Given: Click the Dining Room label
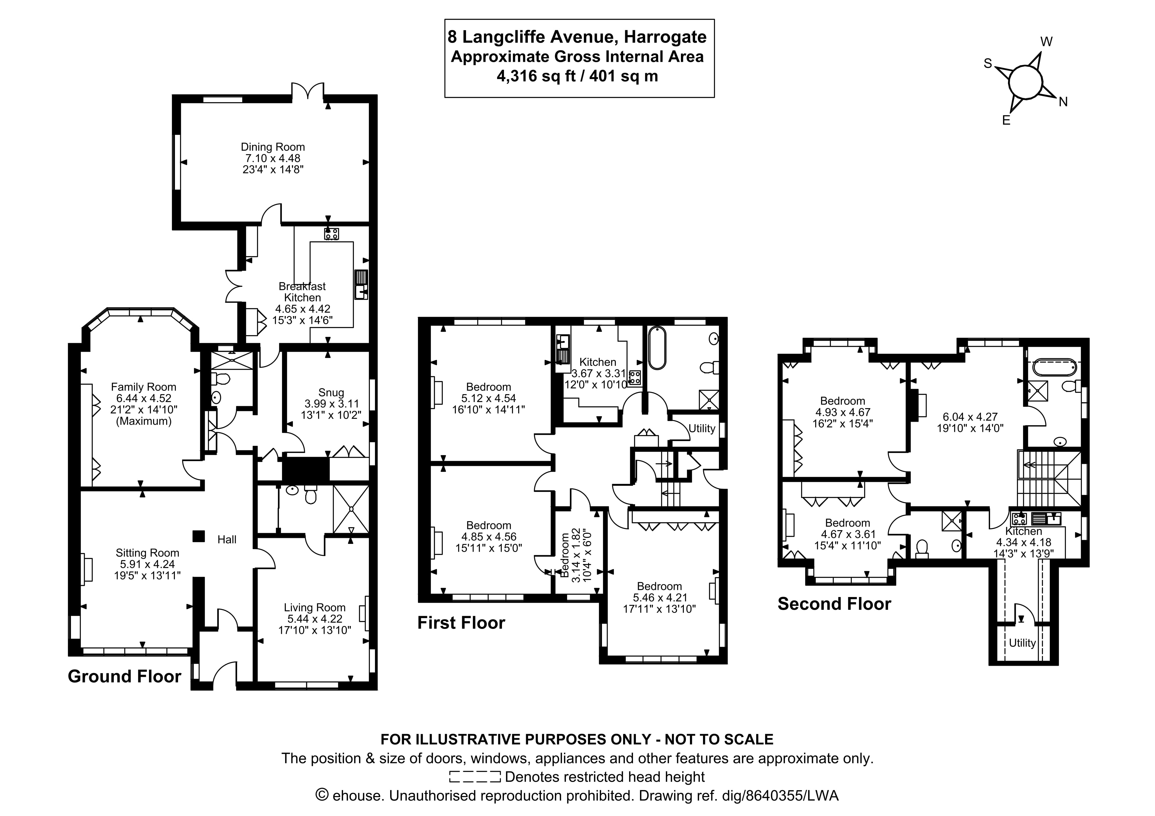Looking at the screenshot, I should [273, 147].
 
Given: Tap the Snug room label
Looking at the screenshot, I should [331, 392].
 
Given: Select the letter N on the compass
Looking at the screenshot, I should [1063, 102].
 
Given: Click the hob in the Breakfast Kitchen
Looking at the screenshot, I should [331, 234].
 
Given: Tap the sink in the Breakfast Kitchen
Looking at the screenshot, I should [361, 285].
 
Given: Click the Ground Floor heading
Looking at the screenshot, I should [124, 677].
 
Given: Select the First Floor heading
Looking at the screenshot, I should [461, 623].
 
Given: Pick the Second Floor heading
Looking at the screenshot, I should [834, 604].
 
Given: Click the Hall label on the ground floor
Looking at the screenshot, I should [227, 540].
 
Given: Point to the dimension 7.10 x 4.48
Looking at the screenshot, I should [273, 158].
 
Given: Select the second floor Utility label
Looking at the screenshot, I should [1022, 643].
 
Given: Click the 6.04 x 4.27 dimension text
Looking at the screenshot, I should [970, 417].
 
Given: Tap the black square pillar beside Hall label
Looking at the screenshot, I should [199, 536].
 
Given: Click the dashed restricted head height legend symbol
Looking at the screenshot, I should [475, 777].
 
